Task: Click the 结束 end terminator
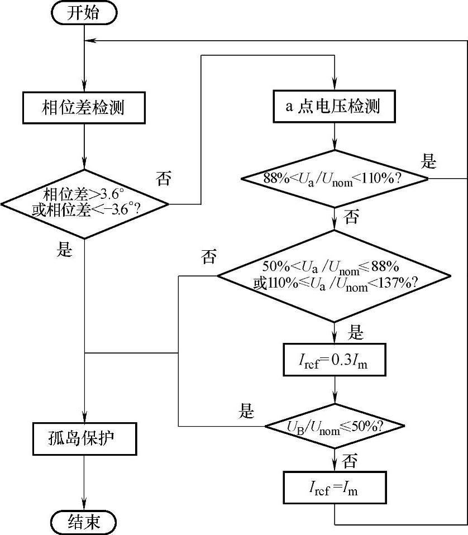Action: pyautogui.click(x=84, y=522)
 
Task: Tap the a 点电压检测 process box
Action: pyautogui.click(x=333, y=106)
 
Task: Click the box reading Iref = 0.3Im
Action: pyautogui.click(x=333, y=364)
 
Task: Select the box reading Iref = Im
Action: pyautogui.click(x=333, y=489)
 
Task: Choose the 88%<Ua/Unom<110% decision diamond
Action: pyautogui.click(x=334, y=179)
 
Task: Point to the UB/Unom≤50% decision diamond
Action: pyautogui.click(x=334, y=427)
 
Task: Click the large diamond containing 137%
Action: pyautogui.click(x=333, y=275)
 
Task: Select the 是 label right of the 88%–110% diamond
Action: pyautogui.click(x=429, y=162)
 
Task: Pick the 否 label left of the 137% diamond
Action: pyautogui.click(x=209, y=257)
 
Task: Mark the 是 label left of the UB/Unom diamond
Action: pyautogui.click(x=246, y=412)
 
